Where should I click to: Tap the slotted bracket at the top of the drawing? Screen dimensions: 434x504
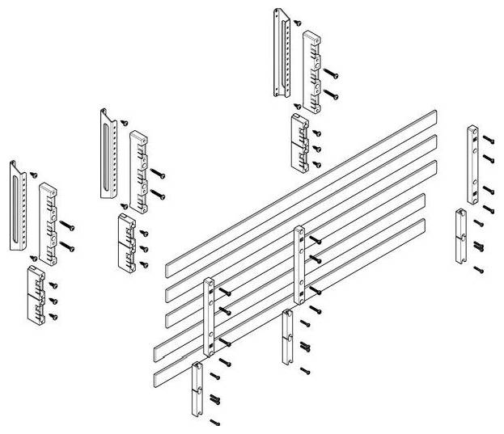[282, 53]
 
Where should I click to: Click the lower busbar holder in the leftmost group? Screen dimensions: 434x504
[36, 293]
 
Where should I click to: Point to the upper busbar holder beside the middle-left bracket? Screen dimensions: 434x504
[139, 168]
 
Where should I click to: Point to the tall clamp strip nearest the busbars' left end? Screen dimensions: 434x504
[209, 317]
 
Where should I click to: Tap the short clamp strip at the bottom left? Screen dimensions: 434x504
[197, 389]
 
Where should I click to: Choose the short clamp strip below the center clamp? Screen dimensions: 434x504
[287, 336]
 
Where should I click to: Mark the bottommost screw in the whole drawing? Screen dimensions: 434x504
[215, 421]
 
